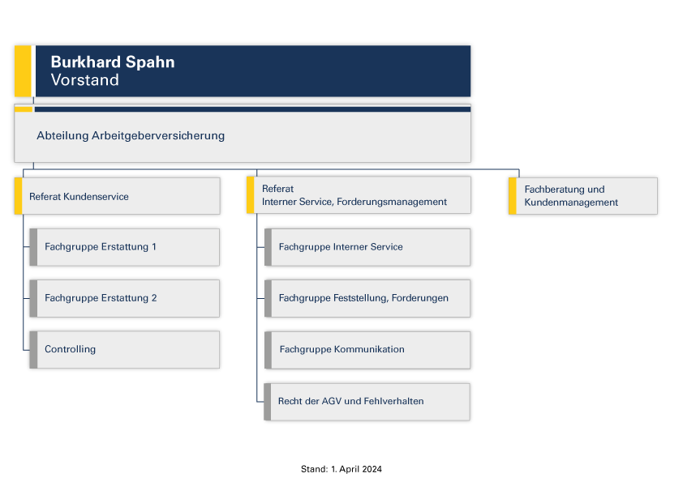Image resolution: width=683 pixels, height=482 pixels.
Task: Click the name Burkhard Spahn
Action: (x=113, y=62)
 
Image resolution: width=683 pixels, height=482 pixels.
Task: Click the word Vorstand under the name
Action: (x=84, y=80)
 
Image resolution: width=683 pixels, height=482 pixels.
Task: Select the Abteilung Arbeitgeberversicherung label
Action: (x=131, y=136)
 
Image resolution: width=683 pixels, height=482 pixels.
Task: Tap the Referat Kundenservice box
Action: (x=117, y=196)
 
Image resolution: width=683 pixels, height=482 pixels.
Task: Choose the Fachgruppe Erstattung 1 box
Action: (x=125, y=247)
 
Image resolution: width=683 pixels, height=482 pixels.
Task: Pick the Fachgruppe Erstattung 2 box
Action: (x=125, y=298)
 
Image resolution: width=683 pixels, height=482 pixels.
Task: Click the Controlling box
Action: (x=125, y=350)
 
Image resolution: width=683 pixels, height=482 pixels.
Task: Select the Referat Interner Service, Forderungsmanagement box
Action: (x=359, y=195)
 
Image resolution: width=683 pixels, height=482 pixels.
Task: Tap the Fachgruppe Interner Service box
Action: (x=367, y=247)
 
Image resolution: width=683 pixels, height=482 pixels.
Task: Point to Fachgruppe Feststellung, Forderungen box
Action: (x=367, y=298)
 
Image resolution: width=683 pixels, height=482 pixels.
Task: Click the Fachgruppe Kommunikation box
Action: (x=367, y=350)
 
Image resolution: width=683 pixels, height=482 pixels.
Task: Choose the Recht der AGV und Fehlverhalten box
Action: (x=367, y=402)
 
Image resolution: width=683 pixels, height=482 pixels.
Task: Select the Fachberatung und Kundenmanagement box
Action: (x=582, y=196)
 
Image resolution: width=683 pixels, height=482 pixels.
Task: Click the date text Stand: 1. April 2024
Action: (x=341, y=469)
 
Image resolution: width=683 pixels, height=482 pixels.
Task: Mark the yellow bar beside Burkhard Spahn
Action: (x=23, y=71)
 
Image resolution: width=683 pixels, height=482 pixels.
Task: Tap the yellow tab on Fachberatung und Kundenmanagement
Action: (x=513, y=196)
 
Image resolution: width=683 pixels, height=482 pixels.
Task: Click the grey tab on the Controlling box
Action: (x=33, y=350)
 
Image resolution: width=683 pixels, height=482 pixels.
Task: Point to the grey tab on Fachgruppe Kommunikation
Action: (x=268, y=350)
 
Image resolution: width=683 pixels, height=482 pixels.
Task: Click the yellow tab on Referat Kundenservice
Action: (x=19, y=196)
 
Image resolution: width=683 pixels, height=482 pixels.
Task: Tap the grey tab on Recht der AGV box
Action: (x=268, y=402)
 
